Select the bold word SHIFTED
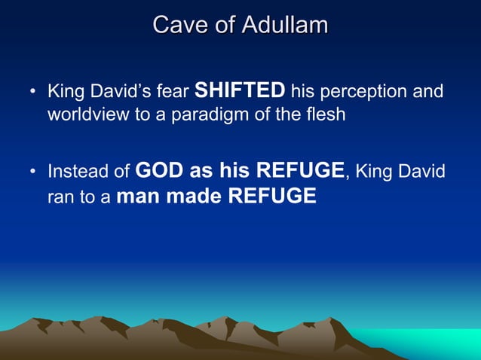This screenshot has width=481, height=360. (x=240, y=92)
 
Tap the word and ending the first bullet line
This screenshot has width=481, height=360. (x=429, y=93)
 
